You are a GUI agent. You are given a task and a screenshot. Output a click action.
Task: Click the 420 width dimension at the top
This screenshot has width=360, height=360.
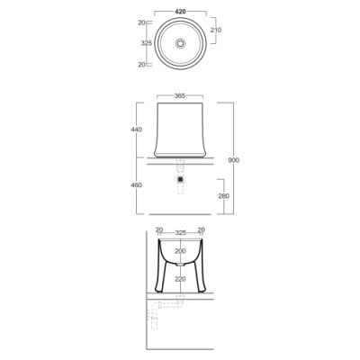180,12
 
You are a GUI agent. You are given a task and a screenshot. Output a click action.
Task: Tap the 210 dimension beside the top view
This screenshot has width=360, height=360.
216,30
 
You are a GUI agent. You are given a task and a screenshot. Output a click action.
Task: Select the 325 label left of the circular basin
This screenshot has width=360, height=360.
147,43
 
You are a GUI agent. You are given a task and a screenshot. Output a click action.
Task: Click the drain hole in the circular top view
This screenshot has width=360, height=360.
180,43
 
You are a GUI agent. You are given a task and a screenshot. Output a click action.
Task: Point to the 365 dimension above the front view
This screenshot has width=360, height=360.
180,95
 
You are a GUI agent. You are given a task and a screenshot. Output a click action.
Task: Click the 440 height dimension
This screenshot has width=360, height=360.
137,130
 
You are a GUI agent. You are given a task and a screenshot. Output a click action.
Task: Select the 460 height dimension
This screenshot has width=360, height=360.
137,185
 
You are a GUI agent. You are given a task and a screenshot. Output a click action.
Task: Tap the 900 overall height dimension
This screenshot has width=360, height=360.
234,160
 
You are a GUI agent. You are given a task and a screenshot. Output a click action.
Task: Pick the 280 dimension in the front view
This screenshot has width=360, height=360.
224,196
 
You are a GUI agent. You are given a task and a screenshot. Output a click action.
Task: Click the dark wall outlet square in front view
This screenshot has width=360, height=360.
180,179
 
